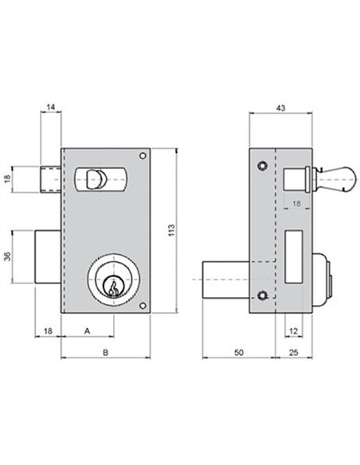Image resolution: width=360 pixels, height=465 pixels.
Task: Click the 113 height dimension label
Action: pos(171,230)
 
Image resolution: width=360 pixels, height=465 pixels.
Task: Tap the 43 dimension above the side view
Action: pos(280,108)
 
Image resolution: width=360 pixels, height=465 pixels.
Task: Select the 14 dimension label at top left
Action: pos(51,107)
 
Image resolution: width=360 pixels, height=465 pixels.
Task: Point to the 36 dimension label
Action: pos(8,256)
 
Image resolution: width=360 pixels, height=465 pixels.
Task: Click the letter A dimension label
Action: pos(87,330)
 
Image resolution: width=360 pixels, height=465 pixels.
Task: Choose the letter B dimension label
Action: pos(105,352)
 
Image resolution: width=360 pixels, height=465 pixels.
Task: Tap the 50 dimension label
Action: pos(239,352)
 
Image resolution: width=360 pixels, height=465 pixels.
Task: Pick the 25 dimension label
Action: pos(293,352)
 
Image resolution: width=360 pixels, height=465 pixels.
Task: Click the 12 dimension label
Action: pos(293,330)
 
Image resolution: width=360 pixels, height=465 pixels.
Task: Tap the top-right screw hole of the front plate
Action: pos(143,156)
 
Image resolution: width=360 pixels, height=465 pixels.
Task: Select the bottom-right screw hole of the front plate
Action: pos(143,306)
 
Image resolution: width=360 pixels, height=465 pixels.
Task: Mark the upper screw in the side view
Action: pos(262,166)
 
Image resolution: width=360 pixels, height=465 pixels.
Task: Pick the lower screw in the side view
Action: pos(262,295)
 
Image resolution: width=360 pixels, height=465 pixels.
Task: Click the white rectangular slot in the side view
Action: pos(294,257)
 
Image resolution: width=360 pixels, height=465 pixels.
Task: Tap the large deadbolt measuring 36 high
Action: pos(49,257)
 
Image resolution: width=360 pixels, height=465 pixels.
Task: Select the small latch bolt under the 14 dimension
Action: pos(51,179)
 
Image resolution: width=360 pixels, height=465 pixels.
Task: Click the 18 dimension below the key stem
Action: pos(296,204)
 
